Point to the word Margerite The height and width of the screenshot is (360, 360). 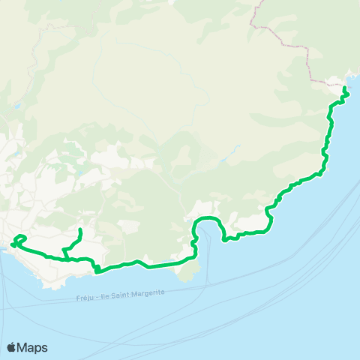coord(148,294)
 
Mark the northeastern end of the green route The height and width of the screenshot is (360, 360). coord(344,88)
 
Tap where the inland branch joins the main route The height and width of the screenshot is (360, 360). coord(65,258)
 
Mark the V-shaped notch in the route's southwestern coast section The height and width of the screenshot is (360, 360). coord(97,268)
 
